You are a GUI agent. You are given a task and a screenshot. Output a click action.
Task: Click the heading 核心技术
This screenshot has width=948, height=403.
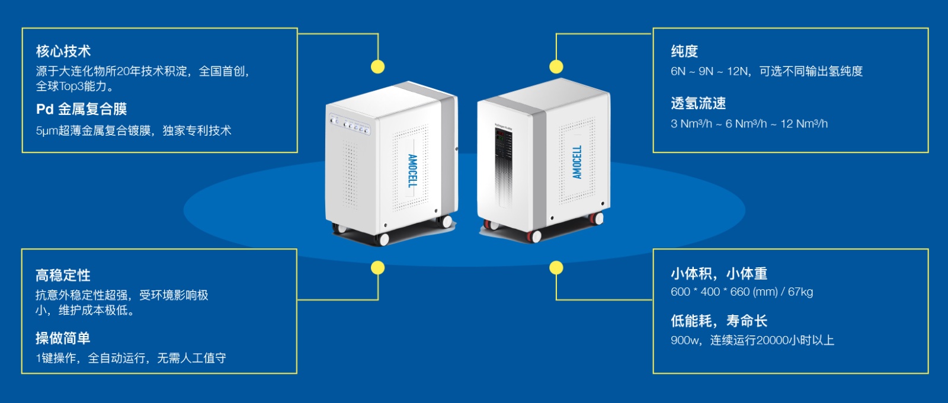click(x=63, y=51)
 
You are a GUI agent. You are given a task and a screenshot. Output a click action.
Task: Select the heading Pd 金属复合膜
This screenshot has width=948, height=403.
click(x=81, y=109)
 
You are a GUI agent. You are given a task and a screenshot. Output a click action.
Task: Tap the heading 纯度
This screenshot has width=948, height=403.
click(x=684, y=52)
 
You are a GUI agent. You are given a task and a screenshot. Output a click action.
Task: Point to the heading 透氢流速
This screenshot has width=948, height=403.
click(x=698, y=104)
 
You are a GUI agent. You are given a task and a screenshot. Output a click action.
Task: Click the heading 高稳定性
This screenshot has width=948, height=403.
click(x=63, y=275)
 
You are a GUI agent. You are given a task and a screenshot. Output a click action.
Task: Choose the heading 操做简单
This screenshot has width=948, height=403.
click(x=63, y=338)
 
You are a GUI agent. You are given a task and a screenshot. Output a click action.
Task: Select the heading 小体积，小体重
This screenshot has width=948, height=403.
click(x=719, y=274)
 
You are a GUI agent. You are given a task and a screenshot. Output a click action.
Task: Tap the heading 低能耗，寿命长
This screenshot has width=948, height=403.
click(x=719, y=321)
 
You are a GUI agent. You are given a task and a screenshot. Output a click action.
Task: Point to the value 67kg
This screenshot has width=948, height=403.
click(x=800, y=292)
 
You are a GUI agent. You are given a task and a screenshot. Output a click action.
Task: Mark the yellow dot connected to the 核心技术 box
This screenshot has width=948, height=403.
click(x=377, y=66)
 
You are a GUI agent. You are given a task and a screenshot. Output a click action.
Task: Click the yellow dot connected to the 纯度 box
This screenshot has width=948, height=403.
click(x=556, y=66)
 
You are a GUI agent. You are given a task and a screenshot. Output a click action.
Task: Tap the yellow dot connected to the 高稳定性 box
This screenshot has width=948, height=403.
click(x=377, y=268)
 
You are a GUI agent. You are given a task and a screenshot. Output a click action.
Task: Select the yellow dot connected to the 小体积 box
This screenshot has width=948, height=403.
click(x=556, y=268)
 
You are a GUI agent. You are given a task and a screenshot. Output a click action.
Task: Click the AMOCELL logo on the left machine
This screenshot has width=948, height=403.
click(x=412, y=171)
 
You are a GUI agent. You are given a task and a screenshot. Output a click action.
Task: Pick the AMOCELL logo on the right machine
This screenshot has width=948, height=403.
click(x=577, y=162)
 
